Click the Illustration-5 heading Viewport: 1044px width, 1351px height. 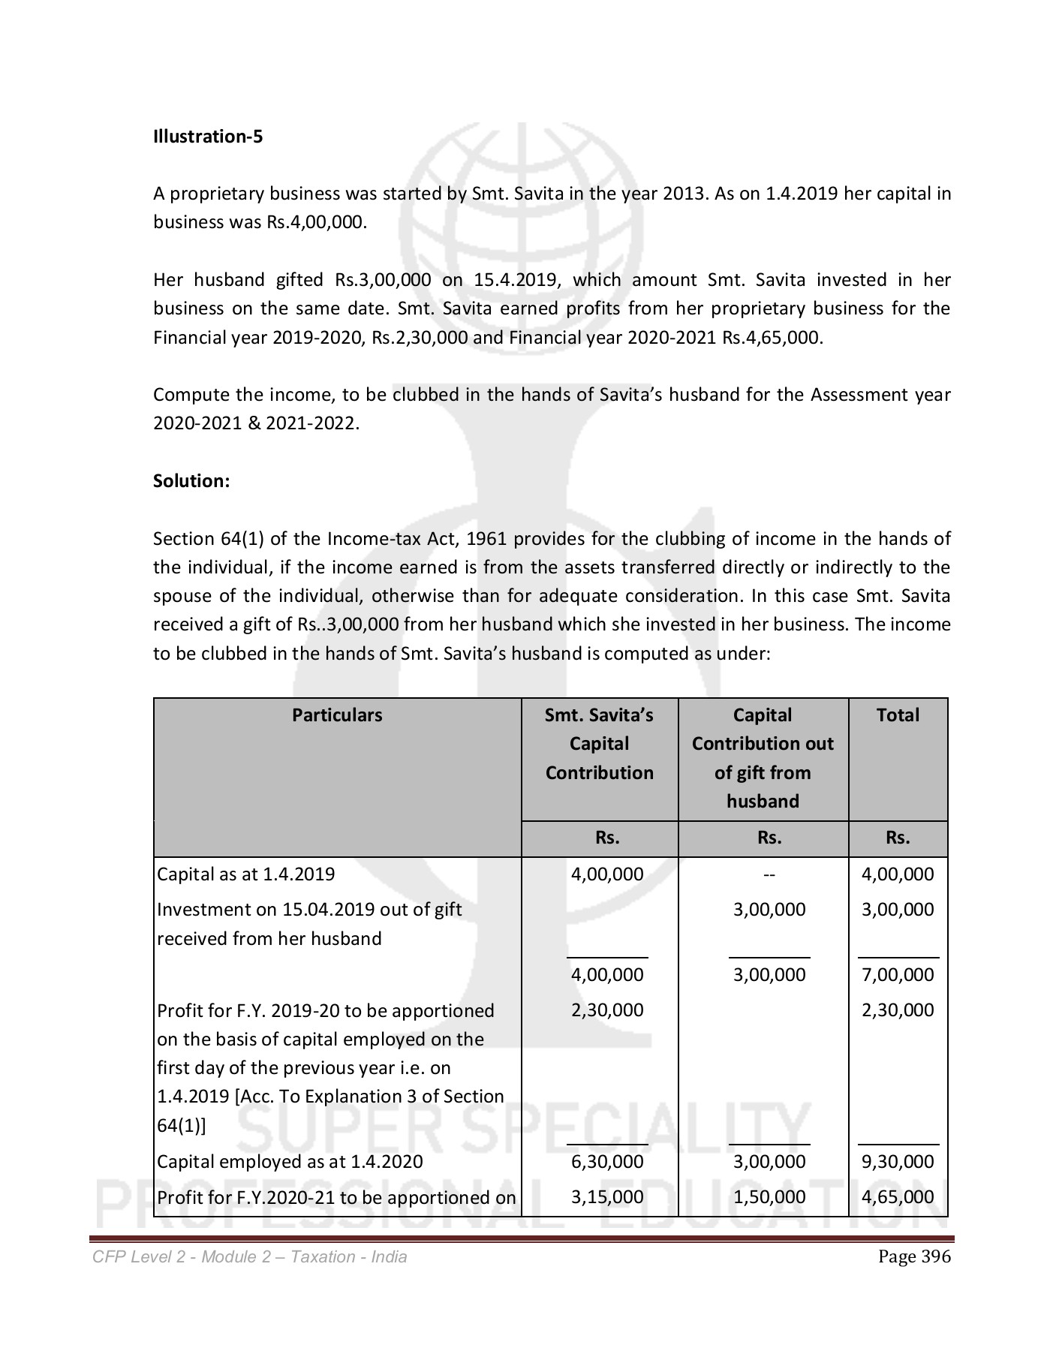pyautogui.click(x=208, y=137)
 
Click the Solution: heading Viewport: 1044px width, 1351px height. pyautogui.click(x=191, y=481)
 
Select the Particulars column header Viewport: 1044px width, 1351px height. pyautogui.click(x=337, y=715)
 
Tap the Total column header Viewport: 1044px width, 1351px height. pyautogui.click(x=898, y=715)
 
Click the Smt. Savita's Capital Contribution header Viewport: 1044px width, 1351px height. pyautogui.click(x=599, y=744)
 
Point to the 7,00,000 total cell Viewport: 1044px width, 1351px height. pyautogui.click(x=898, y=975)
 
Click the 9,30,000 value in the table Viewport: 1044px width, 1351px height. pyautogui.click(x=898, y=1162)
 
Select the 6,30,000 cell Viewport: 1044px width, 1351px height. pyautogui.click(x=607, y=1162)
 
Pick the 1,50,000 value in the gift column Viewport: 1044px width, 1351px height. pyautogui.click(x=769, y=1197)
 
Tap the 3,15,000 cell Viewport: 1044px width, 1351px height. pyautogui.click(x=607, y=1197)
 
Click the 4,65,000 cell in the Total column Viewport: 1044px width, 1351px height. pyautogui.click(x=898, y=1197)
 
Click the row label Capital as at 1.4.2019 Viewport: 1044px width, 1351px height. pyautogui.click(x=246, y=874)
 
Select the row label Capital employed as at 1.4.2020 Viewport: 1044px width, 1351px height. pyautogui.click(x=290, y=1162)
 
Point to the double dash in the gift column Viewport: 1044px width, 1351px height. pyautogui.click(x=769, y=874)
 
